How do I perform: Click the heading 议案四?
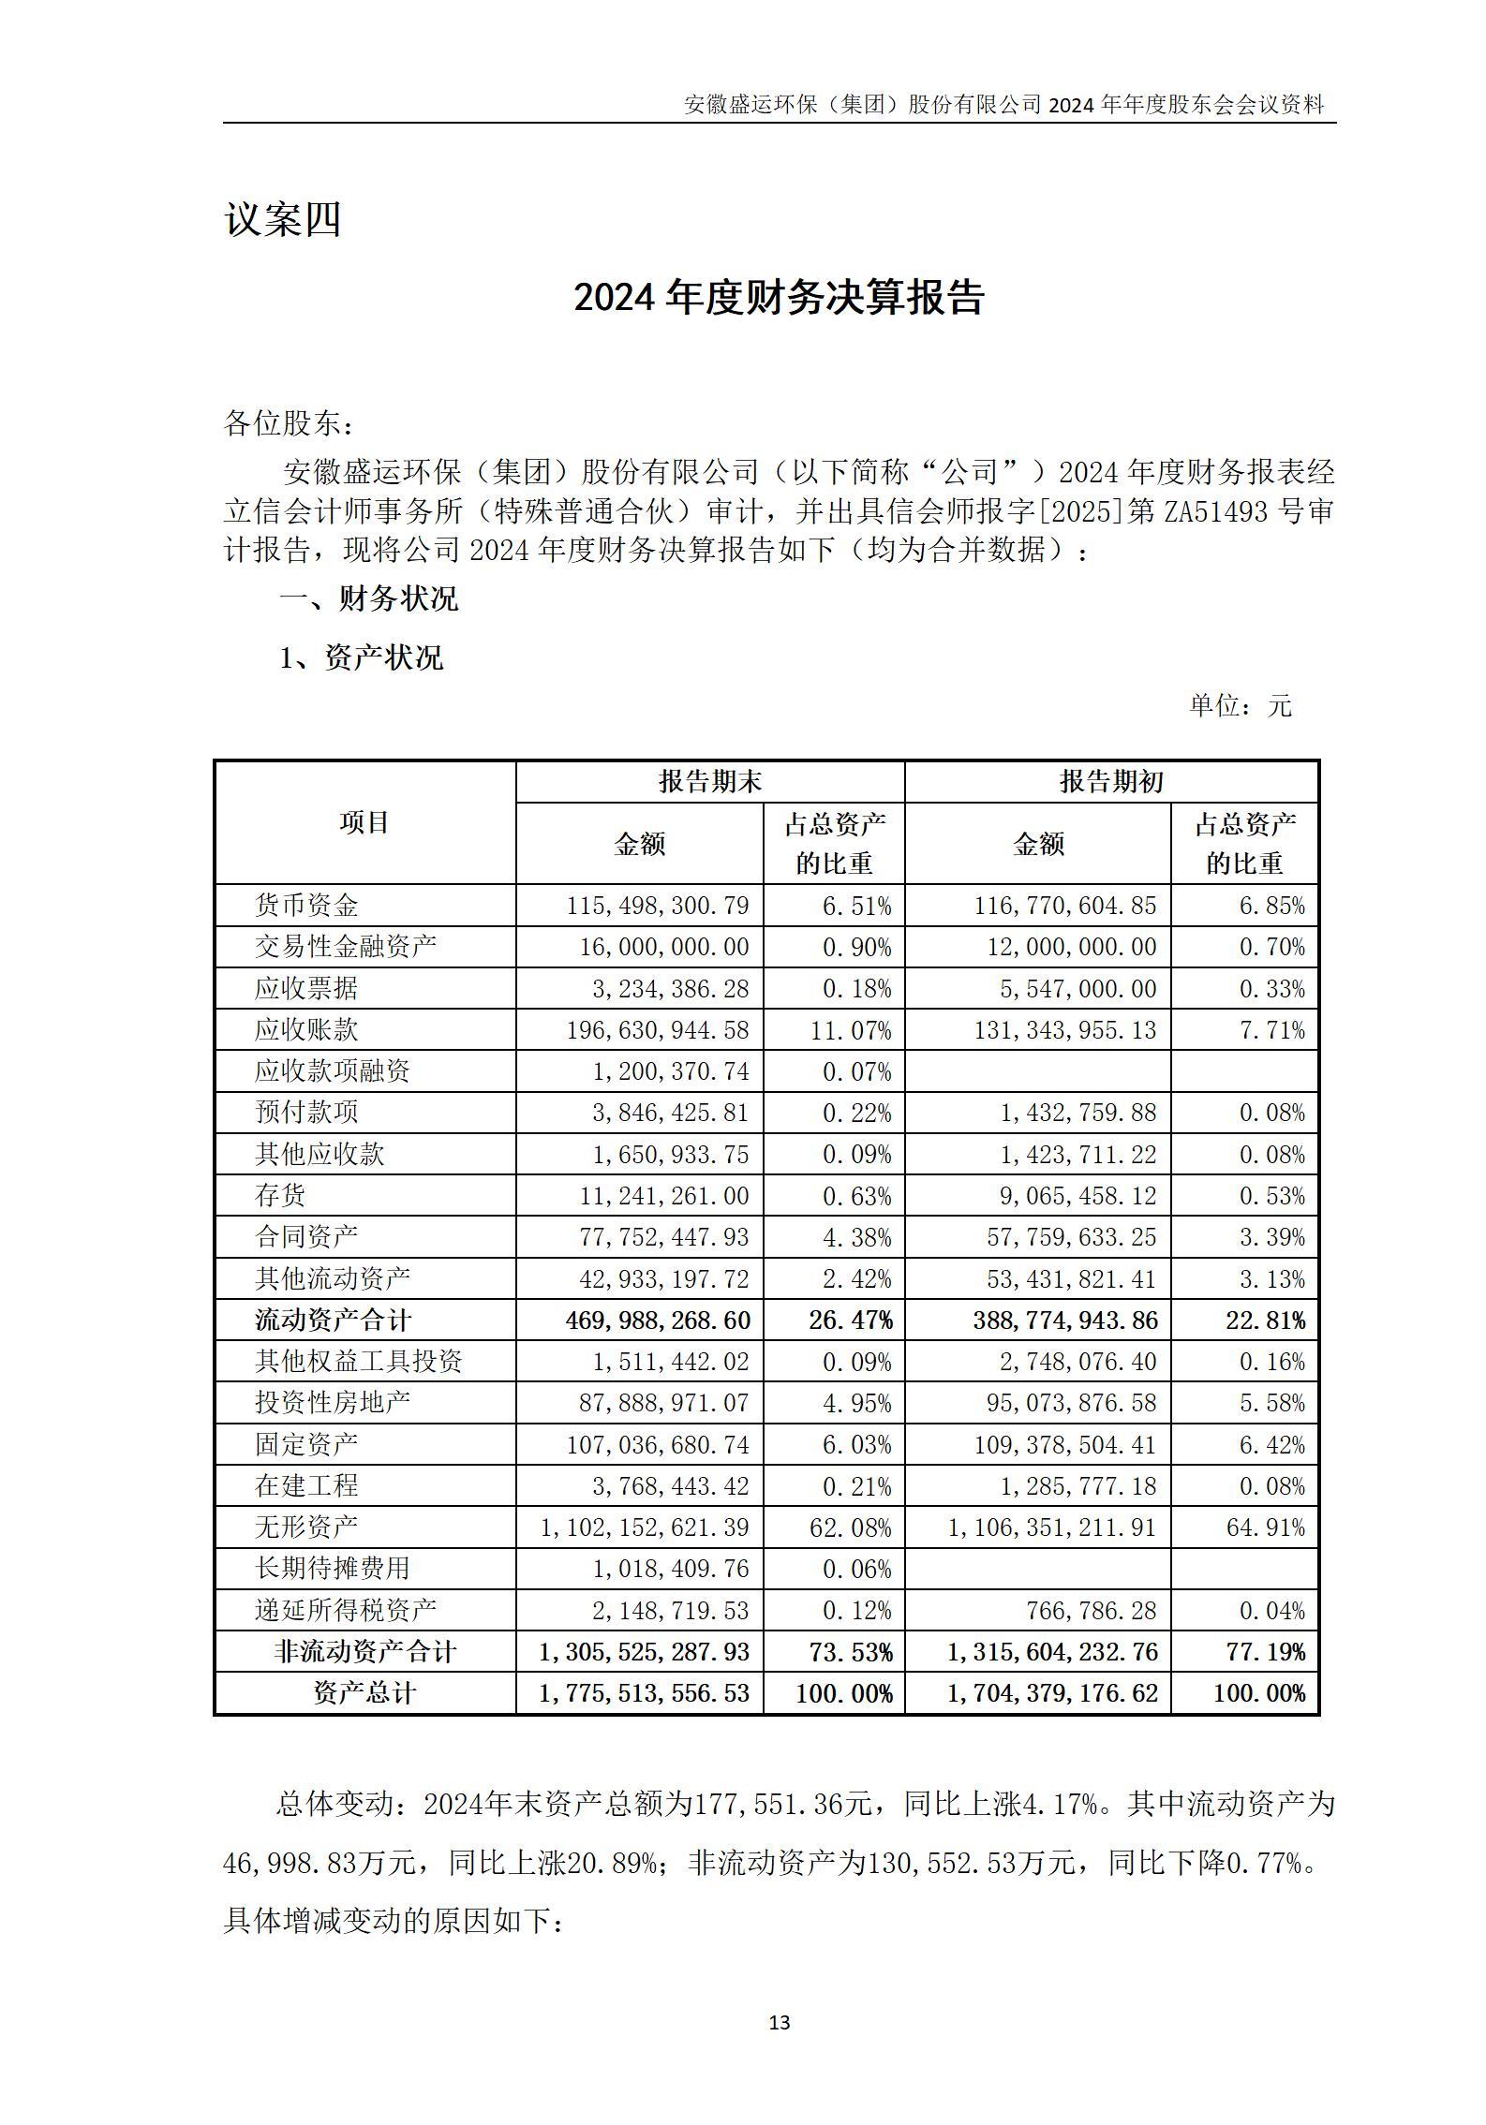282,221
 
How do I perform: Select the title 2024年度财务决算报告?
779,298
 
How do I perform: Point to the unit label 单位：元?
1240,706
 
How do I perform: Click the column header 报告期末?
709,782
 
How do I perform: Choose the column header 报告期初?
1111,782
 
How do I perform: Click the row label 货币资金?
306,906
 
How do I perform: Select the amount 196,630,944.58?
658,1030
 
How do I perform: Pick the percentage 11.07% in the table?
856,1030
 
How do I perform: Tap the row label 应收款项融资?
333,1071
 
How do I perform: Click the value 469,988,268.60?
658,1321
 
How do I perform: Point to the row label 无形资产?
306,1527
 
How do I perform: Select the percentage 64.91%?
1265,1527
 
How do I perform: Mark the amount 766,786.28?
1090,1611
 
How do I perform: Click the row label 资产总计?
364,1693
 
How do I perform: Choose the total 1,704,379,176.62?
1053,1693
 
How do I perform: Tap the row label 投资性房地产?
333,1403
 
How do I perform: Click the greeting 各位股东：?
289,423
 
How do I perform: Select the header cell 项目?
364,822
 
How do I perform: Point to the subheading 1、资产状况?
361,657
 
